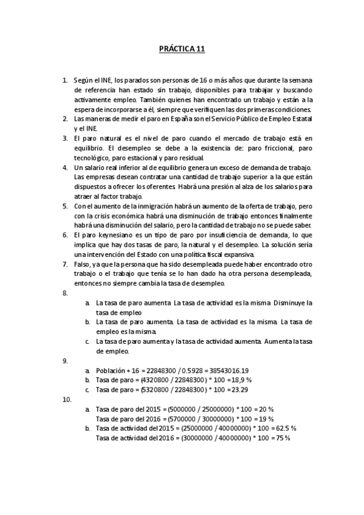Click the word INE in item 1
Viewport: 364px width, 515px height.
click(106, 80)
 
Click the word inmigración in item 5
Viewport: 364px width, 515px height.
click(148, 206)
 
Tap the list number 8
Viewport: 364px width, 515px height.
click(65, 293)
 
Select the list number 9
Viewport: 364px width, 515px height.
click(65, 360)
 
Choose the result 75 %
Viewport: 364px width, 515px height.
click(281, 438)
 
